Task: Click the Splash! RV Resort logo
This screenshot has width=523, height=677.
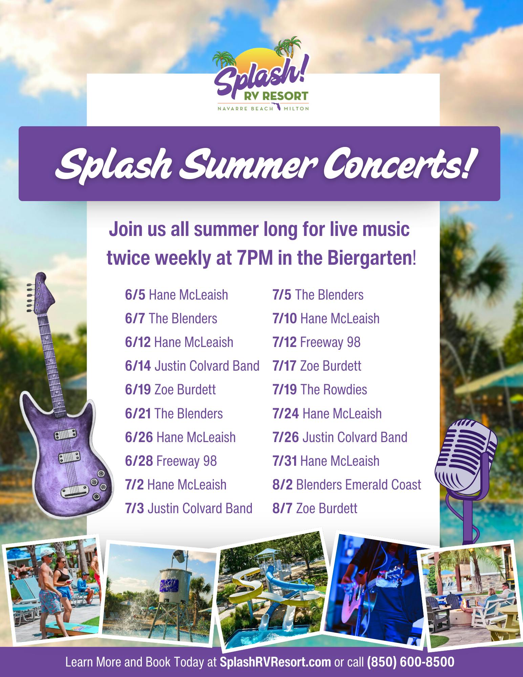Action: pyautogui.click(x=261, y=75)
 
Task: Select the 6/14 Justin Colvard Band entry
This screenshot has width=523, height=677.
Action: pyautogui.click(x=192, y=366)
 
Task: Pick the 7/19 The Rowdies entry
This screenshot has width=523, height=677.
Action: pyautogui.click(x=320, y=390)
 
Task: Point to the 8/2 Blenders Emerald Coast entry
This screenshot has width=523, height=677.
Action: pyautogui.click(x=347, y=485)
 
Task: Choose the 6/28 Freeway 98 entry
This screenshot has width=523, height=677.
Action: pyautogui.click(x=171, y=461)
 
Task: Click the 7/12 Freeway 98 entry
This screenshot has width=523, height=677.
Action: pyautogui.click(x=316, y=342)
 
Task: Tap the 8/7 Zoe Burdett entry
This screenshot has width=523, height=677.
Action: pyautogui.click(x=315, y=508)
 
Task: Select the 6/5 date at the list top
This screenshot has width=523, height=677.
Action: pyautogui.click(x=135, y=295)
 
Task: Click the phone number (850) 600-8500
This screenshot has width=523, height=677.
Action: pyautogui.click(x=411, y=662)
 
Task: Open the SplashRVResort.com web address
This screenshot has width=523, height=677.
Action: pyautogui.click(x=275, y=662)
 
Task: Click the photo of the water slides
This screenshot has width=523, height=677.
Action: pyautogui.click(x=274, y=591)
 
